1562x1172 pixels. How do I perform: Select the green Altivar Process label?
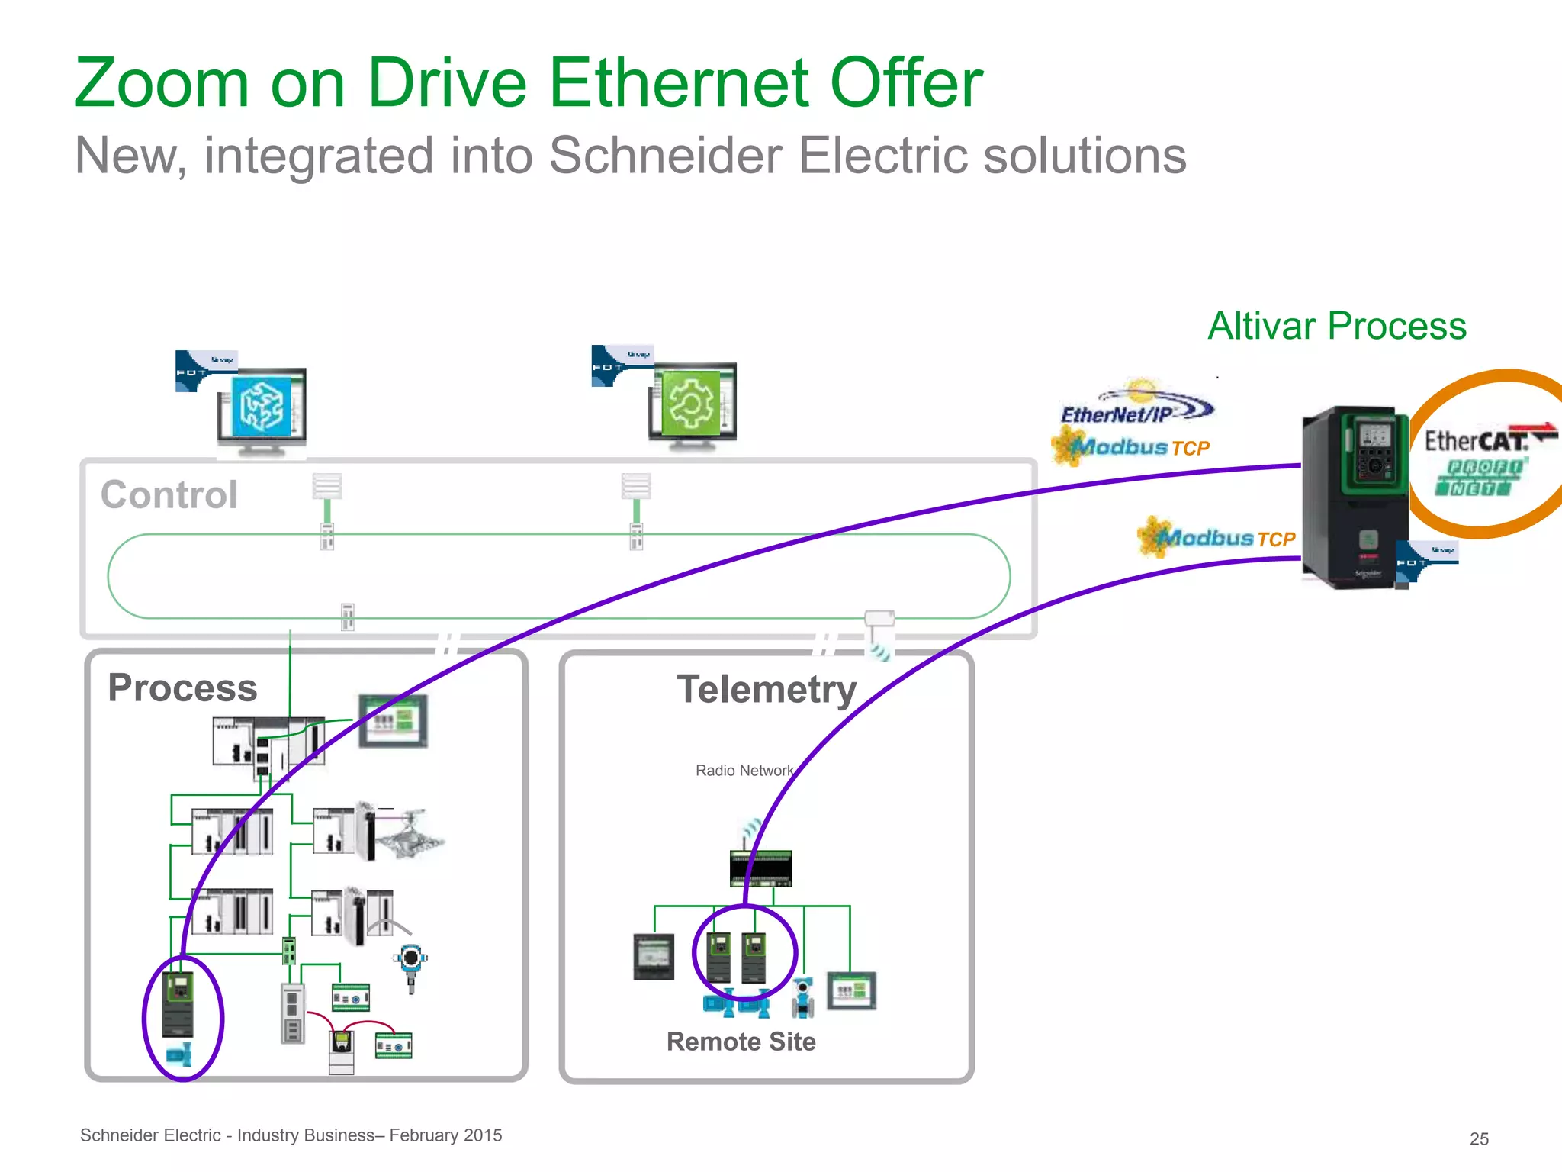(x=1336, y=327)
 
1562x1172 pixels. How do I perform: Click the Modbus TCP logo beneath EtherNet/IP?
(x=1133, y=447)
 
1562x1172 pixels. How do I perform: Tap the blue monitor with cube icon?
(x=262, y=407)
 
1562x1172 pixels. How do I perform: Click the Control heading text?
(x=169, y=494)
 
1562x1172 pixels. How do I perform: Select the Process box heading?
(x=182, y=687)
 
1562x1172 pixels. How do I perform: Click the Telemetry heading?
(x=767, y=690)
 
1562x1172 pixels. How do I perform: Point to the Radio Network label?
(x=744, y=771)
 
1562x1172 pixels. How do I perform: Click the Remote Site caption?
(x=741, y=1042)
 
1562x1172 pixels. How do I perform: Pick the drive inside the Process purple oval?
(x=179, y=1004)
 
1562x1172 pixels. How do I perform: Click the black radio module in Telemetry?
(x=760, y=868)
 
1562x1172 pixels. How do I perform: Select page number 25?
(x=1479, y=1138)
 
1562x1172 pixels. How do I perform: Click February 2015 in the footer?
(x=445, y=1135)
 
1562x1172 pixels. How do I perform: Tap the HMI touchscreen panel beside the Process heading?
(x=394, y=720)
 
